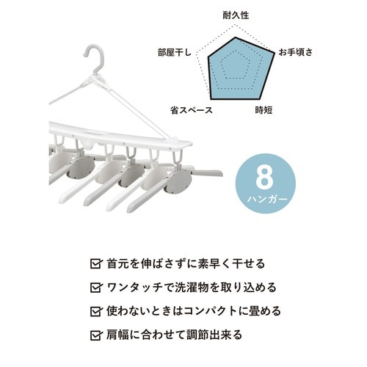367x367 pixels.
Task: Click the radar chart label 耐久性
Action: [x=235, y=14]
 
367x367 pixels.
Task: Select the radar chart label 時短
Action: [x=264, y=110]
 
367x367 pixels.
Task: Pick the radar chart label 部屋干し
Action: [x=174, y=52]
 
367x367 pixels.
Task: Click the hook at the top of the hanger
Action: [x=95, y=58]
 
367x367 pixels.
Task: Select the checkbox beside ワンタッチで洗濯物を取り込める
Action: [x=95, y=287]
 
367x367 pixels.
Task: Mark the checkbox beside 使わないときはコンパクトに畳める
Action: [x=95, y=311]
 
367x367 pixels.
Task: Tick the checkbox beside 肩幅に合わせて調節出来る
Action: [x=95, y=335]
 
